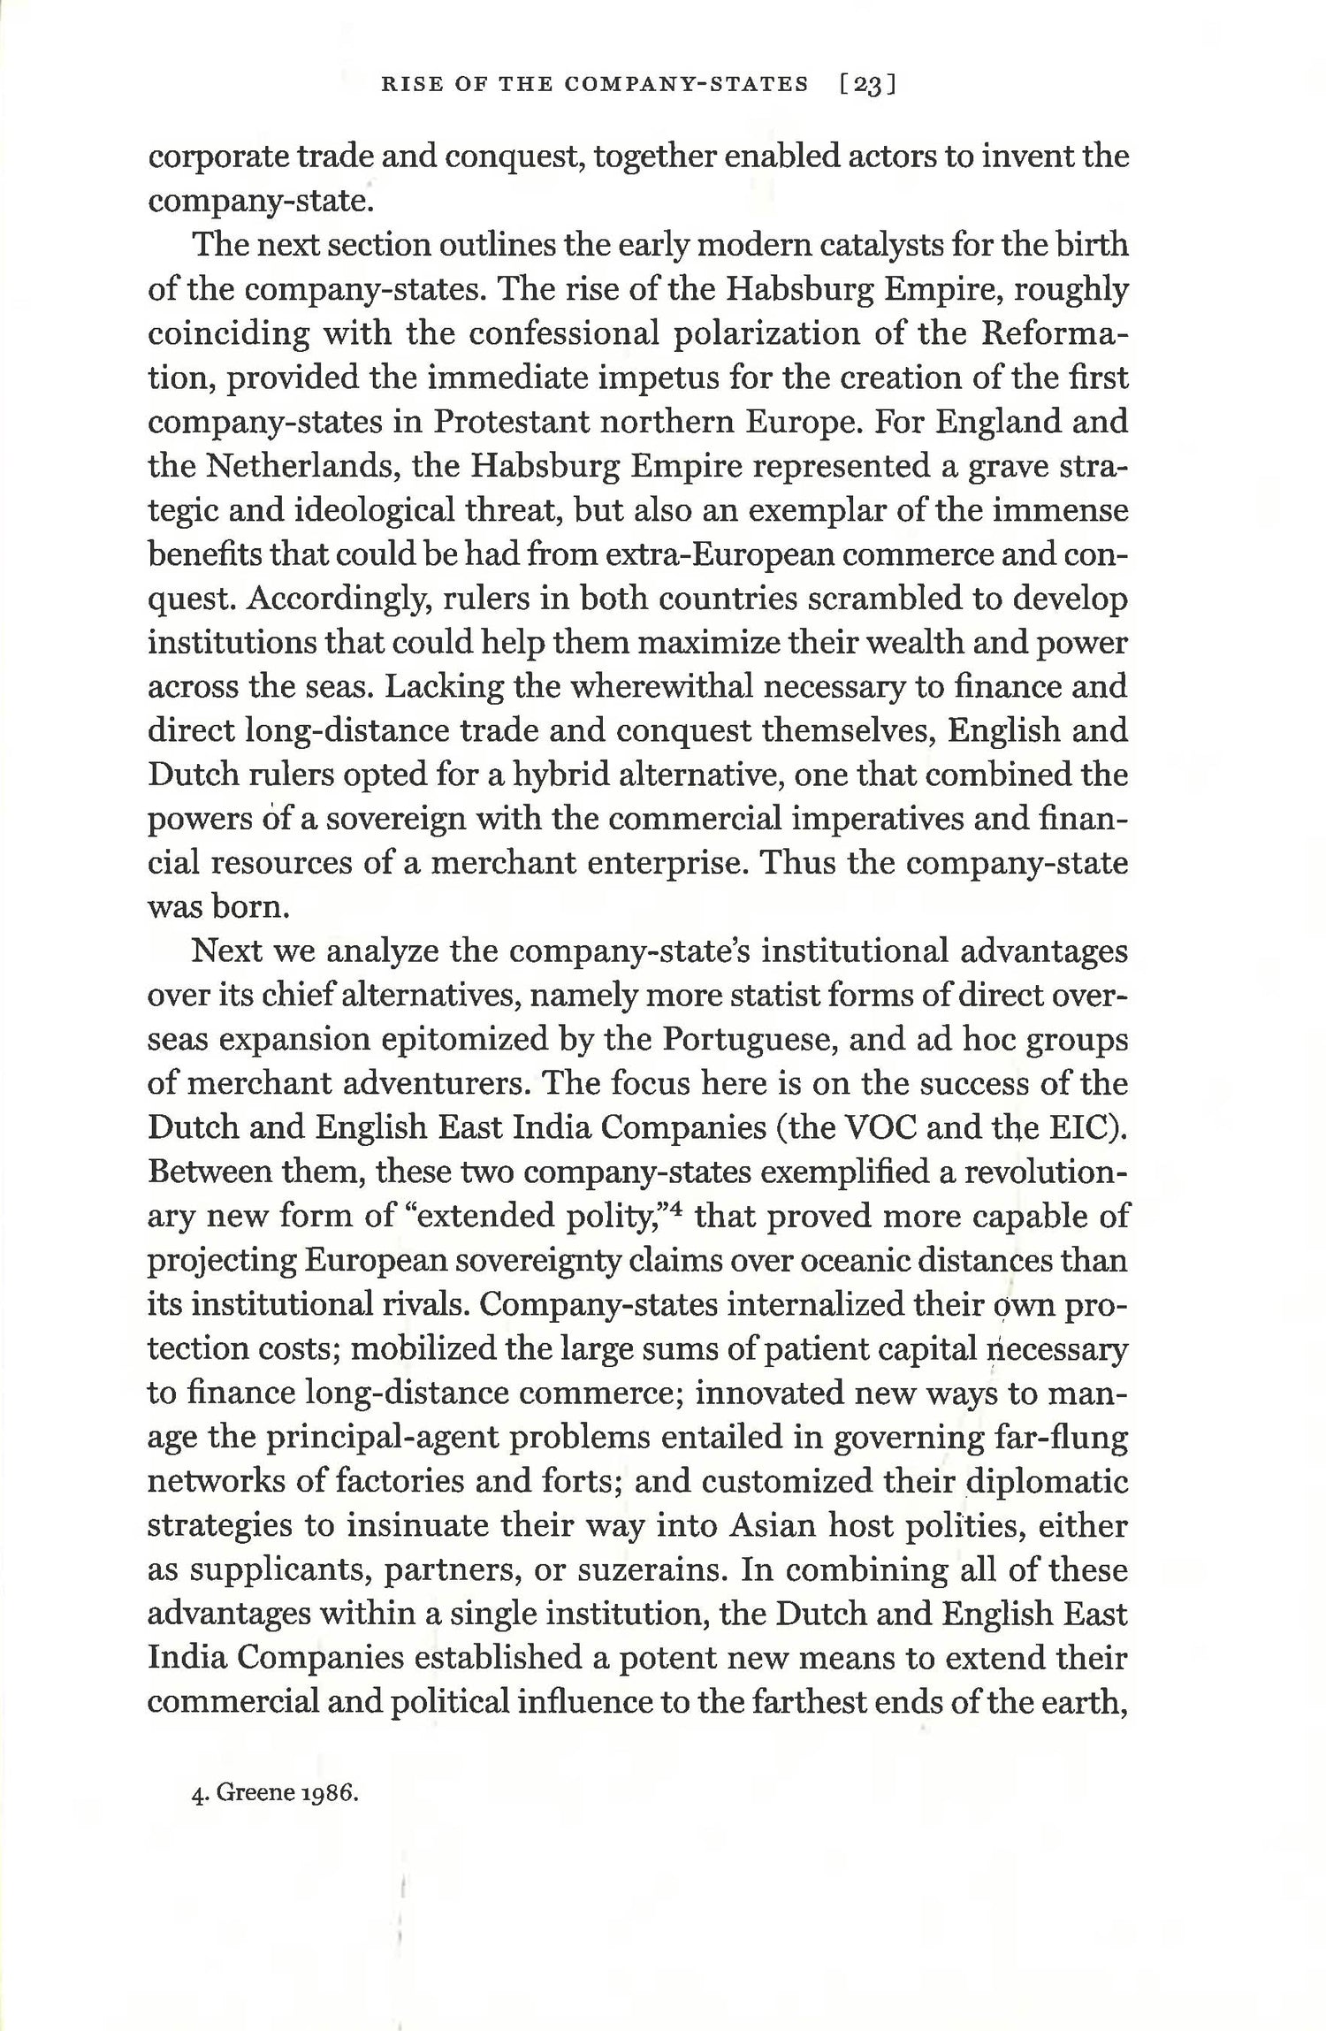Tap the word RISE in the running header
coord(404,84)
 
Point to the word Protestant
coord(512,422)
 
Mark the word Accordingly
coord(329,599)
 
